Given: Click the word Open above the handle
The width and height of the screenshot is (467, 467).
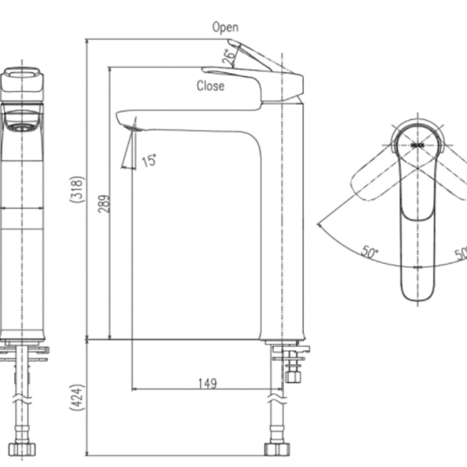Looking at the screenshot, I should pos(225,27).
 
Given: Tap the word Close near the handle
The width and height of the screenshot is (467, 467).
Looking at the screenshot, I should pos(210,86).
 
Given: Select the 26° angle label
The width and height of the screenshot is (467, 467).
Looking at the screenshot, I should pos(228,56).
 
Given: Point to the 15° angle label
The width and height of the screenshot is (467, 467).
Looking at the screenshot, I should pos(149,160).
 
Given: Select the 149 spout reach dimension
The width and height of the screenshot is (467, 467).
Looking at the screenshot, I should pos(206,383).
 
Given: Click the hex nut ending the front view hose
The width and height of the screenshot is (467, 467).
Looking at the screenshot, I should pos(22,449).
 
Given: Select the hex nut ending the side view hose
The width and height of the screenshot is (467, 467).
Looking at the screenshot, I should pos(276,448).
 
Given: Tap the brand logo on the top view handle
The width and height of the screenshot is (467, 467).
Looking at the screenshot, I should pos(416,144).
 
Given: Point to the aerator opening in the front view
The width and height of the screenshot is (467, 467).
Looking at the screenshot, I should pos(22,125).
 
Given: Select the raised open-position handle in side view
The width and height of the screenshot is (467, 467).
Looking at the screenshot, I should pos(257,56).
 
